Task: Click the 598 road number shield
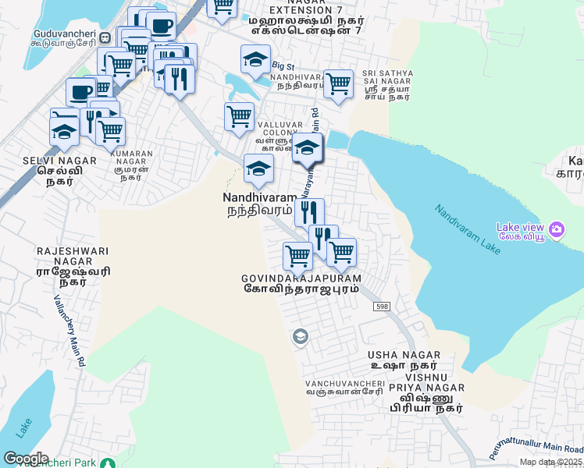pos(381,307)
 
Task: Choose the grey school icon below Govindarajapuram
pos(298,336)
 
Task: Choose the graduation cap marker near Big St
pos(255,59)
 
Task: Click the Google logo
pos(26,459)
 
